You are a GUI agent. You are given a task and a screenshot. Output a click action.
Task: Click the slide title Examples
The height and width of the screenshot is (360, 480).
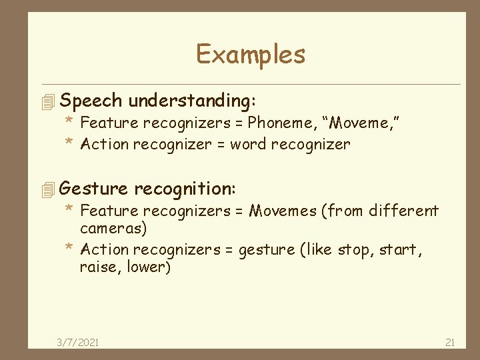251,54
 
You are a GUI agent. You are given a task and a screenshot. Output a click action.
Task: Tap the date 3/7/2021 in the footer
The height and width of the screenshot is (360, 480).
77,342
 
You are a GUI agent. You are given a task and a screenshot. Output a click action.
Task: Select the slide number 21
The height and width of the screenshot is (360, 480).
449,342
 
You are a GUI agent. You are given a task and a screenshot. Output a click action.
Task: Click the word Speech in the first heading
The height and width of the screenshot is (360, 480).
91,101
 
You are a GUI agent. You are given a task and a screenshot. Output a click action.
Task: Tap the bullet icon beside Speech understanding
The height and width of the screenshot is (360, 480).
46,102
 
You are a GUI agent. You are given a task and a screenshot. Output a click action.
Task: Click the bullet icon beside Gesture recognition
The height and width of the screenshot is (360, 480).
46,190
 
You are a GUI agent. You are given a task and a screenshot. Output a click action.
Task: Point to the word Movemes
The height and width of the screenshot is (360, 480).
283,211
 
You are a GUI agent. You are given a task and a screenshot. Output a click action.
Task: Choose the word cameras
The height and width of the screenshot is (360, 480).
113,228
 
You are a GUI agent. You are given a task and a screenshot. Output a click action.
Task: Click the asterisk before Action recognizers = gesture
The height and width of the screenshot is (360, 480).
69,249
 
